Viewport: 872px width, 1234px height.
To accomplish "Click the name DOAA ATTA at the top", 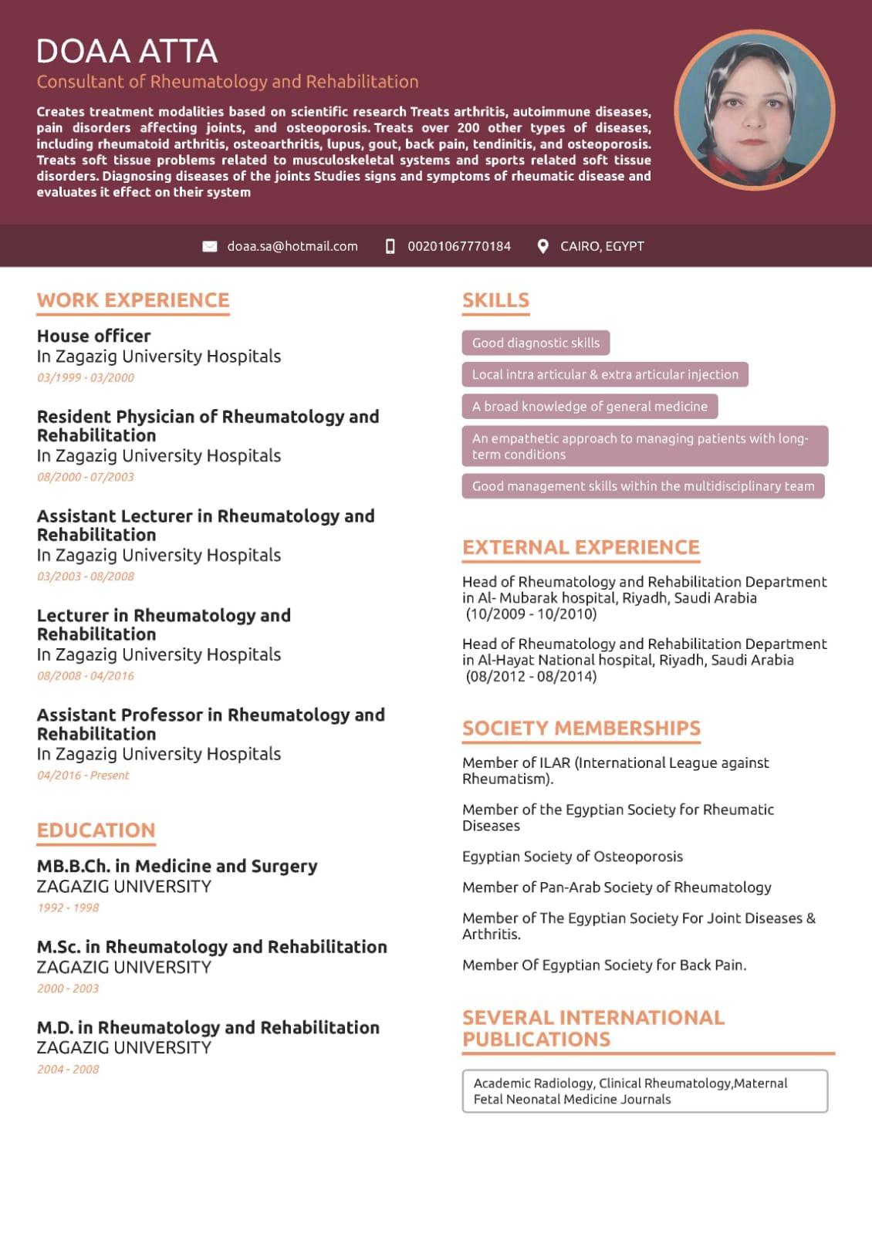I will [x=127, y=51].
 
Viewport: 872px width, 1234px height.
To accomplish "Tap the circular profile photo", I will [x=754, y=110].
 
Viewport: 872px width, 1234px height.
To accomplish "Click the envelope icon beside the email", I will [x=209, y=246].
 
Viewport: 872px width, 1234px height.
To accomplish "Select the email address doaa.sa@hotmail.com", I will [x=292, y=246].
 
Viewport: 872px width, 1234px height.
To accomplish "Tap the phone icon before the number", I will [x=390, y=246].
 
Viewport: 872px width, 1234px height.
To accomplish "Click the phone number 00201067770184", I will [x=459, y=246].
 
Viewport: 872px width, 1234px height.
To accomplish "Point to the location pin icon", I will [x=543, y=246].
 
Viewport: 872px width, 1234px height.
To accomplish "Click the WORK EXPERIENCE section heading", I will [x=133, y=300].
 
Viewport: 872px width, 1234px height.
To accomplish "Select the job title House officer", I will [x=93, y=336].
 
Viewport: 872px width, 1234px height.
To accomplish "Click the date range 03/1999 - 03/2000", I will [x=85, y=377].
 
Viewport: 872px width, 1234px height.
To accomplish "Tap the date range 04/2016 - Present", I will [x=83, y=775].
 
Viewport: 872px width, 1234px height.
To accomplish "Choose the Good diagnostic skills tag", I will [x=536, y=343].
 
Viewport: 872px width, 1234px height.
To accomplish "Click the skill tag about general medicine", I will [x=590, y=406].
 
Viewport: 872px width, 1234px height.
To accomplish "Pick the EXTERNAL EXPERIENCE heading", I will [x=580, y=547].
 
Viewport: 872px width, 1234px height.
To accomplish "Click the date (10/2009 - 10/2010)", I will [x=531, y=614].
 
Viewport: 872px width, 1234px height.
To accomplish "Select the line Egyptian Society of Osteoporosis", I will [x=572, y=857].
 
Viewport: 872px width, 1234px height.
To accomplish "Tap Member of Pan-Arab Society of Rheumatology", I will [x=617, y=887].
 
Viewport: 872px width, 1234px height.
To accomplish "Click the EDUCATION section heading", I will [x=96, y=830].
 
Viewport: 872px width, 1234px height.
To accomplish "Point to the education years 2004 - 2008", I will [x=68, y=1069].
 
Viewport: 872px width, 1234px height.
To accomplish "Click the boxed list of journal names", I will [x=644, y=1090].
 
